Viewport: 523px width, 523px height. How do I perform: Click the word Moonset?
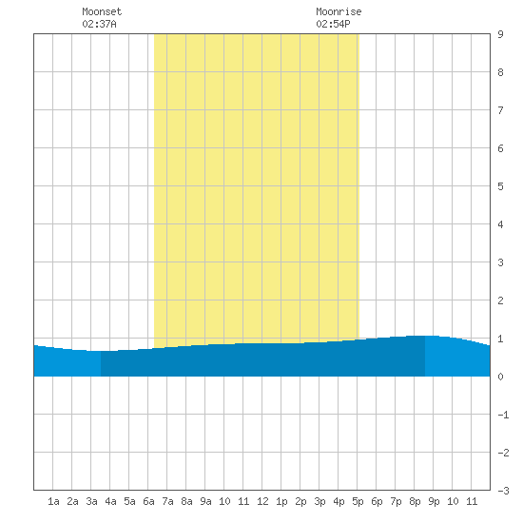pos(102,11)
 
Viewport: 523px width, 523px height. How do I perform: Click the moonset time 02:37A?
pos(99,24)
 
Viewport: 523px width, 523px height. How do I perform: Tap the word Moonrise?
pos(339,11)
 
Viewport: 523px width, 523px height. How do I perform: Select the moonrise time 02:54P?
pos(333,24)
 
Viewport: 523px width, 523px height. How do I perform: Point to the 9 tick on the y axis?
pos(500,34)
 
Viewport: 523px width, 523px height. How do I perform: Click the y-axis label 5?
pos(500,186)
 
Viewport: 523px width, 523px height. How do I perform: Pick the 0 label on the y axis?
pos(500,377)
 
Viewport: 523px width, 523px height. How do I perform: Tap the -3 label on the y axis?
pos(503,491)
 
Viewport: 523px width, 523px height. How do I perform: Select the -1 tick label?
pos(503,415)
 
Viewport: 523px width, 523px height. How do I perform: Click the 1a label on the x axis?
pos(53,501)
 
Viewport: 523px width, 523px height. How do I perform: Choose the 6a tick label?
pos(148,501)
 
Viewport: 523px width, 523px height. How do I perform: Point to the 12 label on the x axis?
pos(262,501)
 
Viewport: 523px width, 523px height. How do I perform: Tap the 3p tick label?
pos(320,501)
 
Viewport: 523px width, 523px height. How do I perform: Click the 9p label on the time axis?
pos(434,501)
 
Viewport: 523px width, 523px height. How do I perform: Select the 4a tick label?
pos(110,501)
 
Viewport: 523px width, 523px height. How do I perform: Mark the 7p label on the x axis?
pos(396,501)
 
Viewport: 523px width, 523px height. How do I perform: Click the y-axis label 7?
pos(500,110)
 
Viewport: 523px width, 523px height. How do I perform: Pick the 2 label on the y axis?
pos(500,300)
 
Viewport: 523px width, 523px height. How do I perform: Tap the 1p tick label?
pos(281,501)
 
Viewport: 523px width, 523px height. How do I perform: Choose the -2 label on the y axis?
pos(503,453)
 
